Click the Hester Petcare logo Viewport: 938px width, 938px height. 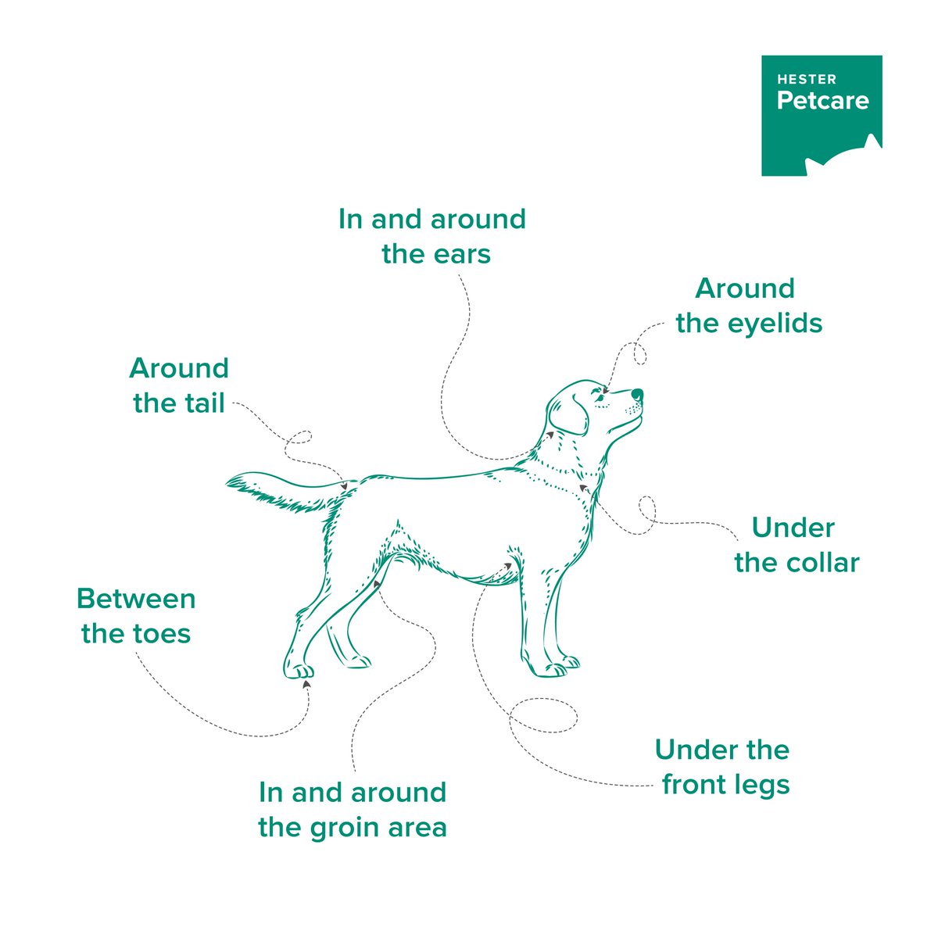tap(822, 116)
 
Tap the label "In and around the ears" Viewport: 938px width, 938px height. tap(432, 237)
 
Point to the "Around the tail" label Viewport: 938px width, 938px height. tap(179, 385)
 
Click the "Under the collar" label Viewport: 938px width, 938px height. tap(797, 545)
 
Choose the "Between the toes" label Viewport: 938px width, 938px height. tap(136, 616)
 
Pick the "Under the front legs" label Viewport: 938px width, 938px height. tap(723, 768)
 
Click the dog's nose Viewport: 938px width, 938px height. tap(637, 394)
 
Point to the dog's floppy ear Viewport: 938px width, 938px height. tap(568, 415)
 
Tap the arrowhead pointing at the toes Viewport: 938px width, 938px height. tap(306, 684)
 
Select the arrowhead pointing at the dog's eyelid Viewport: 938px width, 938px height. tap(606, 389)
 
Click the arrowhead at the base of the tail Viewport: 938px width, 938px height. tap(344, 485)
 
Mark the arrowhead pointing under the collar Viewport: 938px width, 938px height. tap(582, 487)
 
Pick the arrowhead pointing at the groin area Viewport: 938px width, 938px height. tap(377, 584)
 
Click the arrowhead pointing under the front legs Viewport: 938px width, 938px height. tap(508, 566)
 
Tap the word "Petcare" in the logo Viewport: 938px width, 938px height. tap(822, 101)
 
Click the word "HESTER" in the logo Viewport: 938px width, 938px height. tap(807, 79)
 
